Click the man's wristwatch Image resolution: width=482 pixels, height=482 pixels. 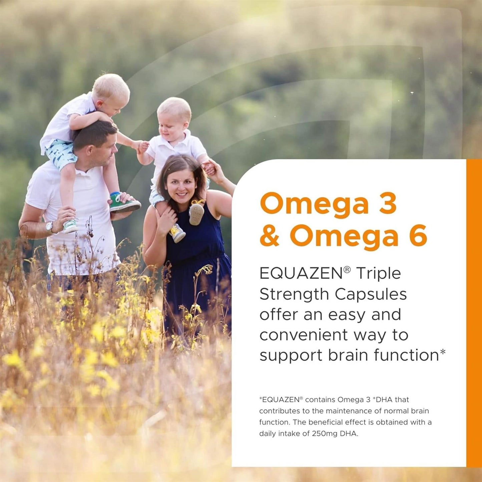point(50,227)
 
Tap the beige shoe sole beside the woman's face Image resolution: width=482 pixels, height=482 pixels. point(196,214)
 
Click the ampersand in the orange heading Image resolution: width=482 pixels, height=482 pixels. point(270,235)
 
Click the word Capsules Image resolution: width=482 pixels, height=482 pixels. point(371,295)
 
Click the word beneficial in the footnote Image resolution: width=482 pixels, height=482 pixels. point(330,422)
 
